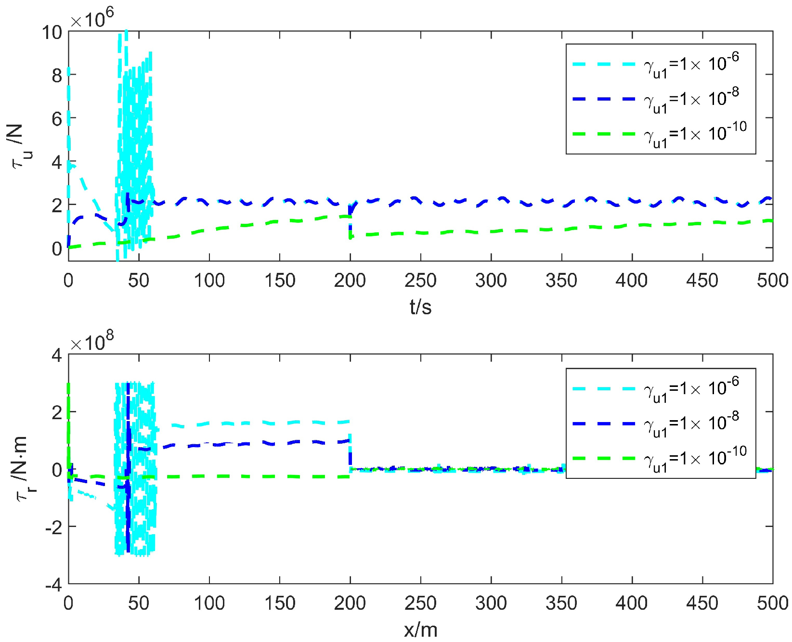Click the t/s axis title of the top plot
pyautogui.click(x=420, y=307)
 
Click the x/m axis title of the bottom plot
pyautogui.click(x=420, y=629)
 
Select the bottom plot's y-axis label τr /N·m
pyautogui.click(x=22, y=469)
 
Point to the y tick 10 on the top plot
pyautogui.click(x=52, y=33)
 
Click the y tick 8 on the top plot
pyautogui.click(x=57, y=76)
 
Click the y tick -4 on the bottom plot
pyautogui.click(x=53, y=585)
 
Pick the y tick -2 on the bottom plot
pyautogui.click(x=53, y=527)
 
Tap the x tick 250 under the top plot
pyautogui.click(x=420, y=280)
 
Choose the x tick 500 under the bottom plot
pyautogui.click(x=772, y=603)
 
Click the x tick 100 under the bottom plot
pyautogui.click(x=209, y=603)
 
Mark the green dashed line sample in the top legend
pyautogui.click(x=604, y=134)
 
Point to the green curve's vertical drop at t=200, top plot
pyautogui.click(x=350, y=226)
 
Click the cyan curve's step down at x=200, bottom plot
pyautogui.click(x=350, y=448)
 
